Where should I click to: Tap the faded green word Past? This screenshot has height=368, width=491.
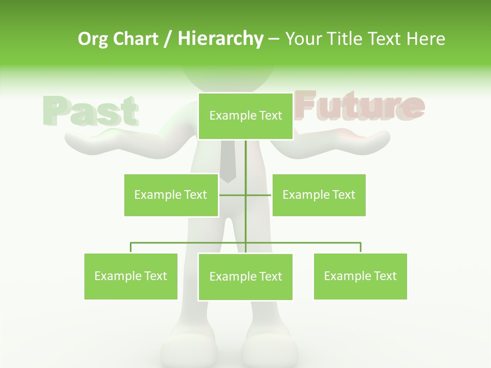point(91,111)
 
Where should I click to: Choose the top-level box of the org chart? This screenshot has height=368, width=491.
point(245,116)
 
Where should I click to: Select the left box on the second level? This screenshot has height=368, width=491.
point(171,195)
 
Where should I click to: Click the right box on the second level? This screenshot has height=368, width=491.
point(319,195)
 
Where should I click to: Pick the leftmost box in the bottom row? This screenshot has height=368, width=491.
point(131,276)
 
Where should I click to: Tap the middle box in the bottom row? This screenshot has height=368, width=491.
point(245,277)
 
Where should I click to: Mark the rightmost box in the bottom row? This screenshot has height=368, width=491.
point(360,276)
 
